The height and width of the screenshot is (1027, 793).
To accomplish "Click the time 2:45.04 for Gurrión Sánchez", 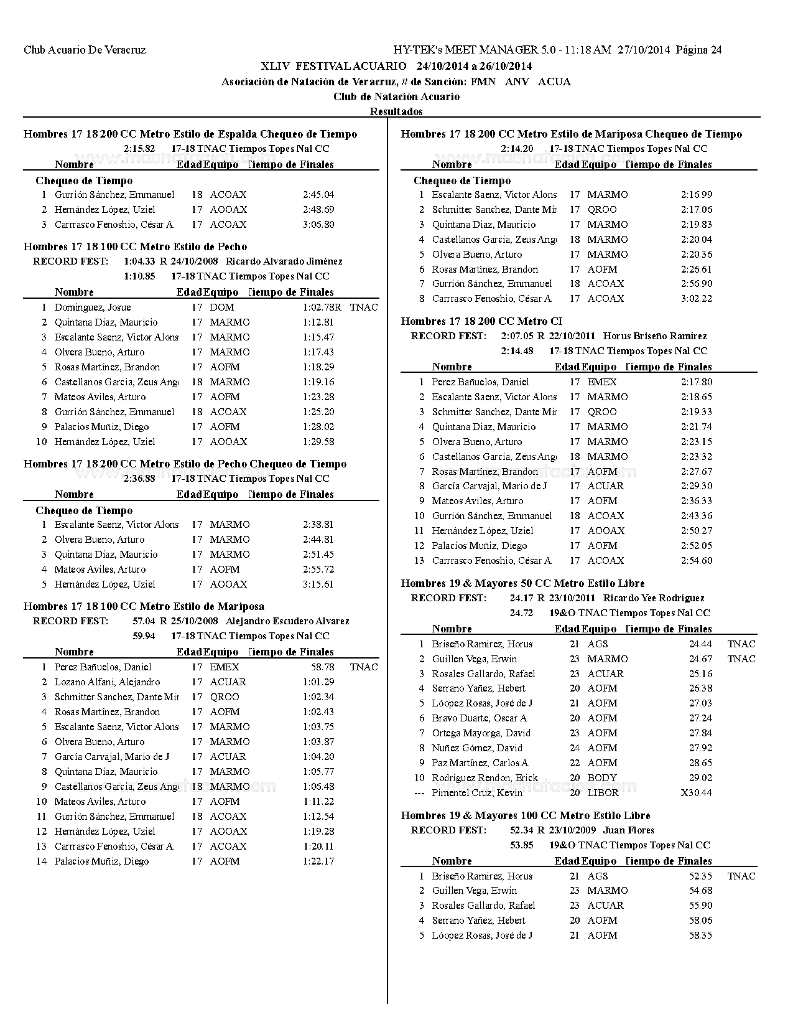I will coord(318,195).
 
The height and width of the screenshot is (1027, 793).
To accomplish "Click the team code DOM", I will coord(222,307).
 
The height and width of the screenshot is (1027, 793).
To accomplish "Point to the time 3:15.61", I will coord(318,584).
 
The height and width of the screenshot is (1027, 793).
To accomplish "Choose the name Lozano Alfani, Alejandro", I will coord(107,682).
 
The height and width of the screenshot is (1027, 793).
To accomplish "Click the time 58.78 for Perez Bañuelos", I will coord(323,667).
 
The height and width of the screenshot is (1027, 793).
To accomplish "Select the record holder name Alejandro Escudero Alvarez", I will coord(287,621).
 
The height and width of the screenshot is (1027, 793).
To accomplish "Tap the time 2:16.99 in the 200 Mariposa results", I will coord(697,195).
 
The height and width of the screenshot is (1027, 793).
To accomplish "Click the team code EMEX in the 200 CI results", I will coord(602,382).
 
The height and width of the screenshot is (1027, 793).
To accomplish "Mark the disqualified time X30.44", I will coord(697,793).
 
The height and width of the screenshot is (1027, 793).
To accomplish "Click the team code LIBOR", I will coord(603,793).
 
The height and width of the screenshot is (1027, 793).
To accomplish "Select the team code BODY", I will coord(602,778).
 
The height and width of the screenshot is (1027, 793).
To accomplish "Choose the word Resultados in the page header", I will coord(396,111).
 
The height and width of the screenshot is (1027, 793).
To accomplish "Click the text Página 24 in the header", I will coord(698,50).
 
